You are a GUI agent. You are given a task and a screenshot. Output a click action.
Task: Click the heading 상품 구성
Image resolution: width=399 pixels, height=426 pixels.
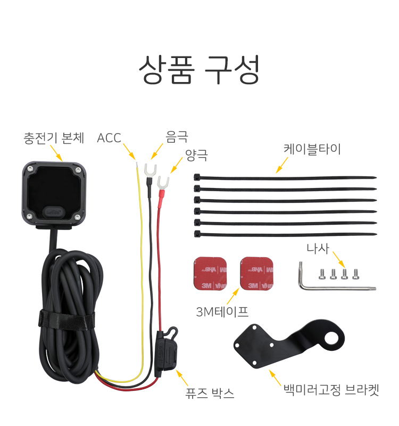pos(199,69)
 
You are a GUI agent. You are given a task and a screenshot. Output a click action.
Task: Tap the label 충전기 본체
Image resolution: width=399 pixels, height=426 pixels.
pos(54,138)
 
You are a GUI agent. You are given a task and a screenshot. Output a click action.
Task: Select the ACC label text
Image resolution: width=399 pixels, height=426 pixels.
pos(109,138)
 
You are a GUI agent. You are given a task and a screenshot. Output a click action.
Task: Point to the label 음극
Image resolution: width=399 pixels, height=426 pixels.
pos(177,137)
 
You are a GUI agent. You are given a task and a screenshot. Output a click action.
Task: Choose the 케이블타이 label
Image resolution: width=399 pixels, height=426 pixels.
pos(312,149)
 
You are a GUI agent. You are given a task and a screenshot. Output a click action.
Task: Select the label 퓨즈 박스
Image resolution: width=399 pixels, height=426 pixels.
pos(209,394)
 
